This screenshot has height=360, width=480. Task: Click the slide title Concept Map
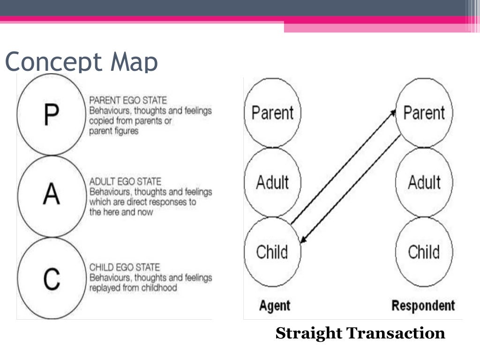click(x=81, y=62)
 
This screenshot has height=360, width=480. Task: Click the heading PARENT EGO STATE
click(x=127, y=101)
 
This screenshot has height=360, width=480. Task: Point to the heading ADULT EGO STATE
click(x=125, y=182)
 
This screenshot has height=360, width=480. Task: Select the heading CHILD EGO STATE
click(x=125, y=268)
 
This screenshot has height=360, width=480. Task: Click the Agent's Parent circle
click(x=272, y=112)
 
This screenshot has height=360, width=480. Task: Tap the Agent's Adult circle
click(x=272, y=182)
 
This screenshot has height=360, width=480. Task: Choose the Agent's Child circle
click(x=272, y=252)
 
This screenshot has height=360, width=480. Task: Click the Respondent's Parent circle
click(x=424, y=112)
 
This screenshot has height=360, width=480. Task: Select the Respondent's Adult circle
click(x=424, y=182)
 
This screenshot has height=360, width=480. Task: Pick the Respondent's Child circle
click(x=424, y=252)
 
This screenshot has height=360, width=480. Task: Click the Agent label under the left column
click(x=274, y=306)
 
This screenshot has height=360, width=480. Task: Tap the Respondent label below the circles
click(x=423, y=306)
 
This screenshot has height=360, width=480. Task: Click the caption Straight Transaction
click(x=360, y=333)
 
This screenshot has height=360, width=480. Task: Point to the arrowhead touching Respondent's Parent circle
click(x=393, y=112)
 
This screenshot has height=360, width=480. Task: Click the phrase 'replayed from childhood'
click(x=133, y=288)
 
